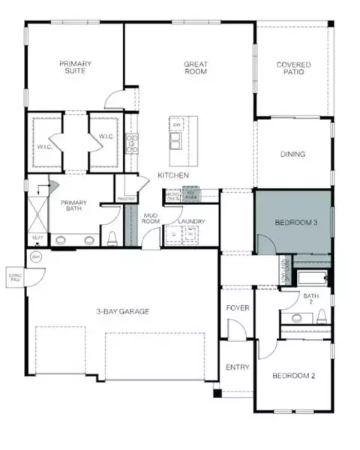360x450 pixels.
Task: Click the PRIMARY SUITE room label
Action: (x=75, y=68)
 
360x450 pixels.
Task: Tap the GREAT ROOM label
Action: (x=196, y=68)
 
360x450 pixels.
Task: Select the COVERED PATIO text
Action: (x=292, y=68)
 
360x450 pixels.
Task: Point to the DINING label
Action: (x=292, y=154)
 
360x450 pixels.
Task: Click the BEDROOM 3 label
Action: (x=293, y=223)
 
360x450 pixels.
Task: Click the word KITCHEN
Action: (x=172, y=175)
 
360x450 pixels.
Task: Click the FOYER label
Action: (x=237, y=308)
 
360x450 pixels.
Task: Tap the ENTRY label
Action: (x=237, y=367)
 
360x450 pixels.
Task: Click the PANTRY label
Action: (x=126, y=199)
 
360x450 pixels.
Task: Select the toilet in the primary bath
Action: (x=112, y=238)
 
